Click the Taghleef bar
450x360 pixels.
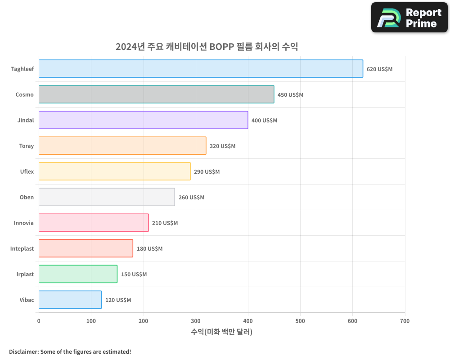pos(201,69)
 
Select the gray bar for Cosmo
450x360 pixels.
pos(156,94)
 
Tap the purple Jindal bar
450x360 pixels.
pos(143,120)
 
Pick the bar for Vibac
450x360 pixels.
pos(70,300)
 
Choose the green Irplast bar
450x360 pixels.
pos(78,274)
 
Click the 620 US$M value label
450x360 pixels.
pos(379,69)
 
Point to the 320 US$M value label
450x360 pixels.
pos(222,146)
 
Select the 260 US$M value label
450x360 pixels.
pos(191,198)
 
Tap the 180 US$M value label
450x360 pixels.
pos(149,249)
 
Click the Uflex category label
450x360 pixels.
pos(27,171)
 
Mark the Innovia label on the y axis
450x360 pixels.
pos(23,223)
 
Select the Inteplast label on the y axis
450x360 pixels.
pos(22,248)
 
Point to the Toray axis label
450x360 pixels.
pos(26,146)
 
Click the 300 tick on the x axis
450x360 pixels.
pos(196,321)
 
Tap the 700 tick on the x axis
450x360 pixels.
pos(405,321)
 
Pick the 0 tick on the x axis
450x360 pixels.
pos(39,321)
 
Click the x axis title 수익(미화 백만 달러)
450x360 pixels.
pos(221,332)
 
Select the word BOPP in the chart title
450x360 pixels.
pos(222,47)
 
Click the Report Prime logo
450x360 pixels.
pos(409,18)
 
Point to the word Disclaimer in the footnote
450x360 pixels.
pos(23,351)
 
